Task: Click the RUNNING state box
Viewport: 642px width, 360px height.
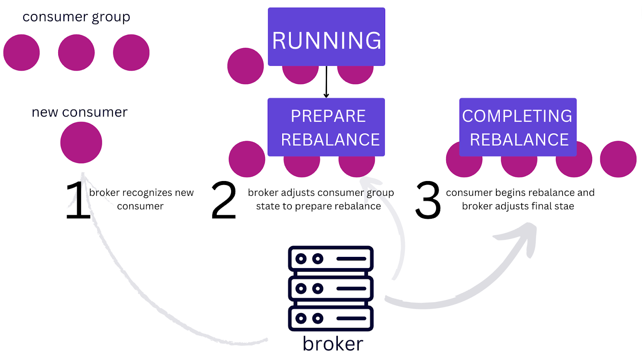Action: pos(327,37)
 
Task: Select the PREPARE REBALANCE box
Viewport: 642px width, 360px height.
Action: pos(326,127)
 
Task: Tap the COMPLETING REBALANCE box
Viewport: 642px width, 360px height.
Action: pos(518,127)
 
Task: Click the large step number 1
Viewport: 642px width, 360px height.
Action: pos(78,200)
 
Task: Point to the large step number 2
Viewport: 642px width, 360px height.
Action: pos(224,200)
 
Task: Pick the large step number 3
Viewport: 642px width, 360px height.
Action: pos(428,200)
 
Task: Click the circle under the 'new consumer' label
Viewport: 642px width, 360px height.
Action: pos(81,142)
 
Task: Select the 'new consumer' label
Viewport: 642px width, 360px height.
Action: pos(79,112)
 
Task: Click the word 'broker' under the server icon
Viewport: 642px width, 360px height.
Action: pos(333,344)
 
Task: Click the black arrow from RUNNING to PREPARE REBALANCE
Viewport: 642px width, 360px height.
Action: pos(326,82)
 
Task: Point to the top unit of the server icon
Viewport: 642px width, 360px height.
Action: pos(331,258)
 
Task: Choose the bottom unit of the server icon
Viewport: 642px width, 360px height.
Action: pos(331,318)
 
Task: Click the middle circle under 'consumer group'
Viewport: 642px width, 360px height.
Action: pos(76,53)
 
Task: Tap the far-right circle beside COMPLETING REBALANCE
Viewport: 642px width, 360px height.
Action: pos(618,159)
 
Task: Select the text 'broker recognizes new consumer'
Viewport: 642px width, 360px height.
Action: pos(141,199)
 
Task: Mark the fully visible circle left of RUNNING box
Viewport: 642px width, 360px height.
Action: pos(246,66)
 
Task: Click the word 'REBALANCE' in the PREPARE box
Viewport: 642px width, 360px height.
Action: pos(330,140)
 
